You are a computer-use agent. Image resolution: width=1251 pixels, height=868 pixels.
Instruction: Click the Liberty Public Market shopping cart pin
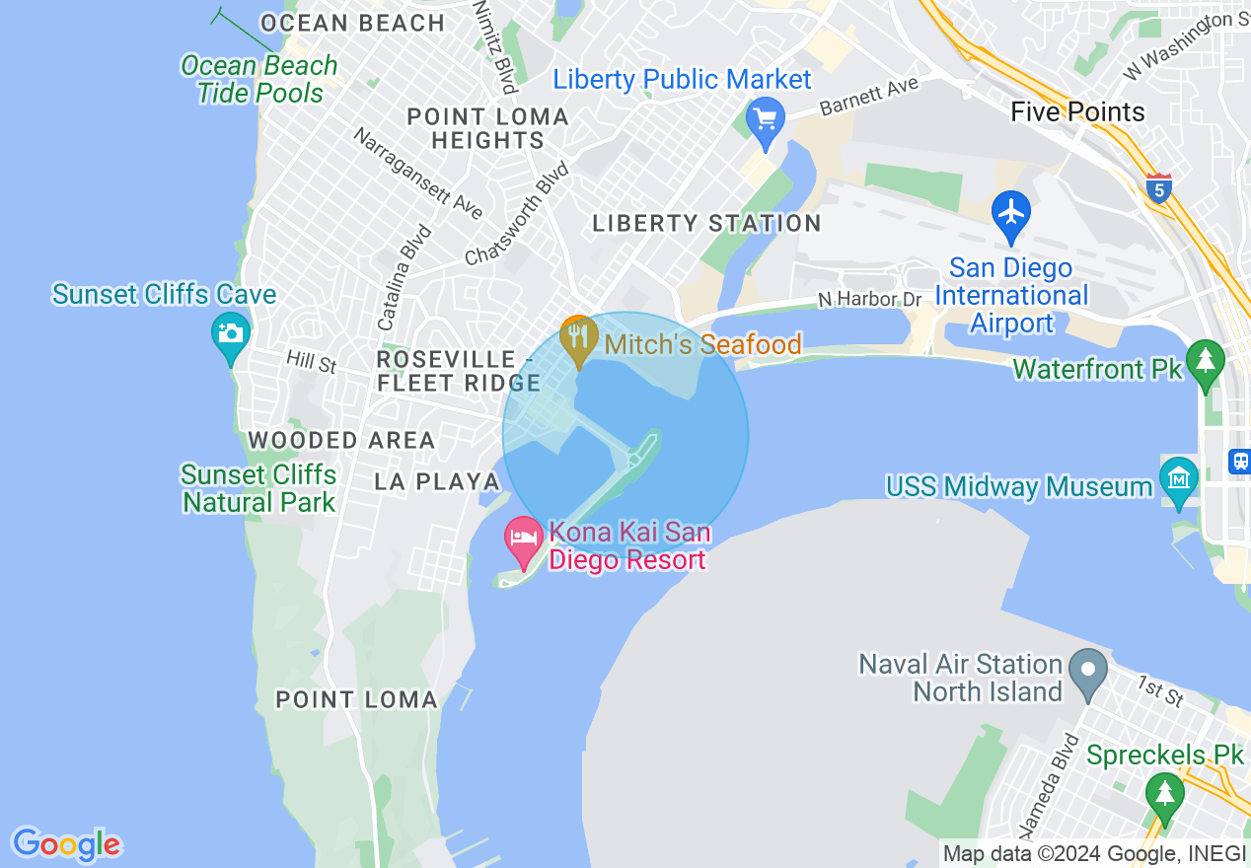pyautogui.click(x=765, y=121)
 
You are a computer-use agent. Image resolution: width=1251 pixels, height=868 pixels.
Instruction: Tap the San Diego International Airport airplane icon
pyautogui.click(x=1011, y=213)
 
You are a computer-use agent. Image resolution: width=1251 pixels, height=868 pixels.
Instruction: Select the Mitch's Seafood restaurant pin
pyautogui.click(x=578, y=337)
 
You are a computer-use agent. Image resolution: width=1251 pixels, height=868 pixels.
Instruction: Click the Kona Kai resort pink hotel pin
pyautogui.click(x=523, y=539)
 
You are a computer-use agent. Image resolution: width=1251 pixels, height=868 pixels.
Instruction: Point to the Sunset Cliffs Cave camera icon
pyautogui.click(x=231, y=333)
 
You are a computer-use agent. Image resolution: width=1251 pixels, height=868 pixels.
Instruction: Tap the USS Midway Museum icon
pyautogui.click(x=1179, y=479)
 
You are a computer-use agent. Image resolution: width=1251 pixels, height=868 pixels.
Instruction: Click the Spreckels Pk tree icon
pyautogui.click(x=1164, y=793)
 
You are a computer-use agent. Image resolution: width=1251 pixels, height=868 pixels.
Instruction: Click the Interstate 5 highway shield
pyautogui.click(x=1159, y=188)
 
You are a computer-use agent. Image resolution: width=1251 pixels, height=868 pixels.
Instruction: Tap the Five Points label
pyautogui.click(x=1077, y=111)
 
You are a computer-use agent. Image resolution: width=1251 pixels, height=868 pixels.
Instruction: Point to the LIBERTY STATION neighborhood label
pyautogui.click(x=706, y=224)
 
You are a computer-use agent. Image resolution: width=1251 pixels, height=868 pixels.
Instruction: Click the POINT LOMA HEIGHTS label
pyautogui.click(x=488, y=128)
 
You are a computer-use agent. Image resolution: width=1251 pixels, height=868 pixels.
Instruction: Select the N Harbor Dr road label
pyautogui.click(x=869, y=299)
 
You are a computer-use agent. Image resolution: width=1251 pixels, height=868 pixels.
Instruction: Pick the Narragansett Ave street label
pyautogui.click(x=417, y=174)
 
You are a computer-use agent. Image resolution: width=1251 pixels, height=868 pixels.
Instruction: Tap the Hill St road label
pyautogui.click(x=311, y=362)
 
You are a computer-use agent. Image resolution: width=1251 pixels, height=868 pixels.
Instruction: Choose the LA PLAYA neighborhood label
pyautogui.click(x=437, y=481)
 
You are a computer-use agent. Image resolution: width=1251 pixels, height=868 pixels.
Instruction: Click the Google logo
pyautogui.click(x=66, y=844)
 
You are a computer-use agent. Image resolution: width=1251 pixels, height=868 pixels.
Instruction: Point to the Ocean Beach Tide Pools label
pyautogui.click(x=259, y=80)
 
